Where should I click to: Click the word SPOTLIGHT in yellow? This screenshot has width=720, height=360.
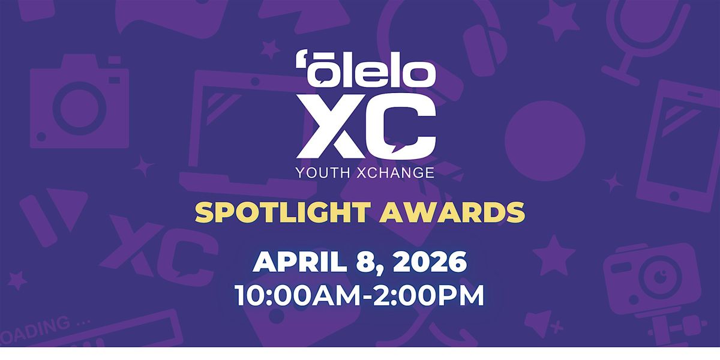point(281,212)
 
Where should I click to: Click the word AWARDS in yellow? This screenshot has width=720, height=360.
point(452,212)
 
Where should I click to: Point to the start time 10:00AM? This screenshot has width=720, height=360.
point(298,295)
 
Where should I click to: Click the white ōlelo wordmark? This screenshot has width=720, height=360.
point(365,69)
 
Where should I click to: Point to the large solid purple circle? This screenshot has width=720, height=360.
point(545,141)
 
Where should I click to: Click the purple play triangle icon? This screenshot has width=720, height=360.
point(66,209)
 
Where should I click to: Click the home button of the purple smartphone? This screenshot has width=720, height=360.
point(674,196)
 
